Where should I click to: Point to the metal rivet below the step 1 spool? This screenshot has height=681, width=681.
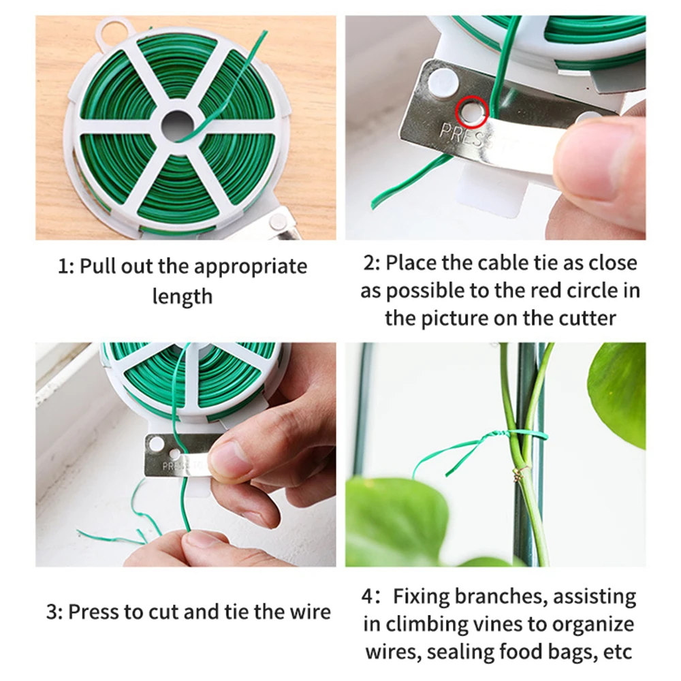point(278,221)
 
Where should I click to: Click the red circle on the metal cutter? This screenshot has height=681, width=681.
point(471,110)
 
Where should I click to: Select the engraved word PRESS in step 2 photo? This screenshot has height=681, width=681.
point(464,135)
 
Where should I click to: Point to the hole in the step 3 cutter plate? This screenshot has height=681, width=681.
point(157,445)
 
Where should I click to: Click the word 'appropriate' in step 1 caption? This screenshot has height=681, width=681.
point(250,266)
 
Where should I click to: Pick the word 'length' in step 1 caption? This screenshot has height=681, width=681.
point(182,297)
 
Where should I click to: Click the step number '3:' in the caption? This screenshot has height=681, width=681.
point(54,611)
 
